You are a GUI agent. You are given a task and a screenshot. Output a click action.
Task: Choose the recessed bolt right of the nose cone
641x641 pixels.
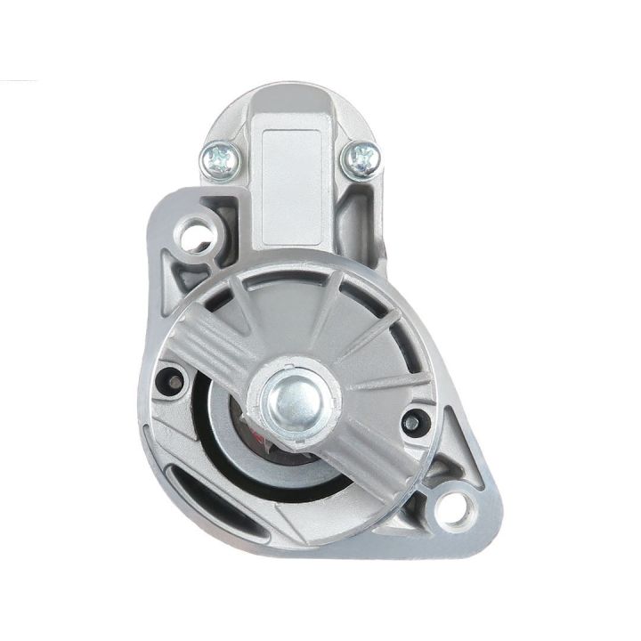click(411, 420)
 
